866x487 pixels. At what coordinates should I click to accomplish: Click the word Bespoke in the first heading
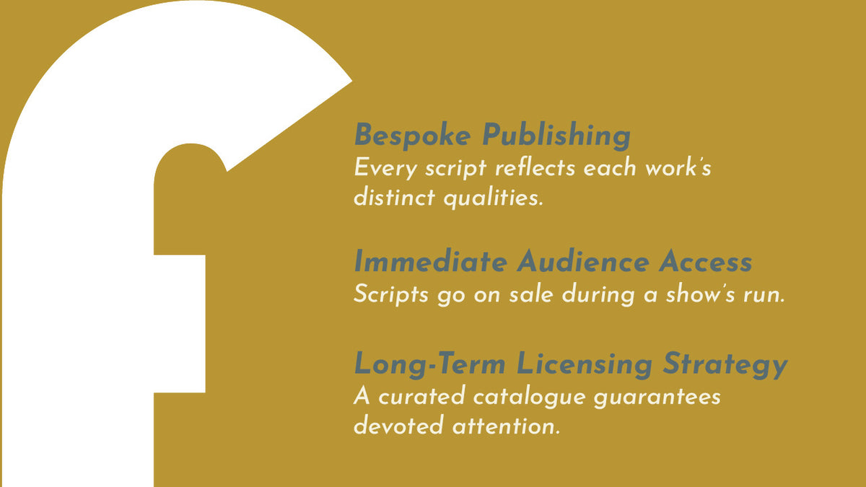(x=413, y=136)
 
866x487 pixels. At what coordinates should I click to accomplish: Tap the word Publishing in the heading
(x=556, y=136)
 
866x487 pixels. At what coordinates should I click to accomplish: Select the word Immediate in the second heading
(x=431, y=261)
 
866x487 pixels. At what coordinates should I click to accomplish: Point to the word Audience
(x=583, y=261)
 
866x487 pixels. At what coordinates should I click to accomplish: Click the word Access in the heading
(x=706, y=262)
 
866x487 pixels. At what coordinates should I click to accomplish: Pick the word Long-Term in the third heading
(x=430, y=364)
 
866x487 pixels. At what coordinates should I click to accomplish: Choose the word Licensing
(x=584, y=364)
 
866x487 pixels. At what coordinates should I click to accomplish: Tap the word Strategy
(x=725, y=364)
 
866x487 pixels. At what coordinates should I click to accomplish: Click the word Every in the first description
(x=385, y=169)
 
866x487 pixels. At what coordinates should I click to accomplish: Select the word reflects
(x=535, y=167)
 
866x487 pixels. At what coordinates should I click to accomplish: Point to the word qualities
(x=494, y=198)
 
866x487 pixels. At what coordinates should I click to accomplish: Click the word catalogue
(x=529, y=397)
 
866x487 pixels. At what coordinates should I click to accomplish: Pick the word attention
(x=506, y=426)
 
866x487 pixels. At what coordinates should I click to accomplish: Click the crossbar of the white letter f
(x=180, y=324)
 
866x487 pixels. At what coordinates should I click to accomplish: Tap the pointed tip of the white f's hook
(x=352, y=82)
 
